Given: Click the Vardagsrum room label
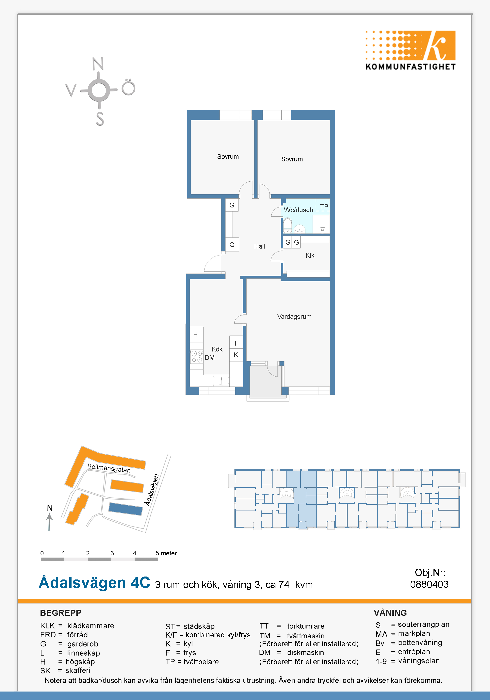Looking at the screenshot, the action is pos(294,317).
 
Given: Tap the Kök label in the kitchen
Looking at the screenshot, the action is pos(217,349).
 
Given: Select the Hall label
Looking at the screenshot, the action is pos(259,246).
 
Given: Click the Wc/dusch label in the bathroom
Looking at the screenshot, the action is pos(299,210).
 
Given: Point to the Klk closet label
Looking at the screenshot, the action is pos(310,255).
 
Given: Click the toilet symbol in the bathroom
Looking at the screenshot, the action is pos(287,225).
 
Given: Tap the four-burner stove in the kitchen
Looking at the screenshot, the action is pos(197,357).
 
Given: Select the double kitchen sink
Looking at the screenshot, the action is pos(221,381).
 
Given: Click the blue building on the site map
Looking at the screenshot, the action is pos(126,509).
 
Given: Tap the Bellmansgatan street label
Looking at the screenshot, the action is pos(109,468).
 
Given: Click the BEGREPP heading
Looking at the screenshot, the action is pos(61,613).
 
